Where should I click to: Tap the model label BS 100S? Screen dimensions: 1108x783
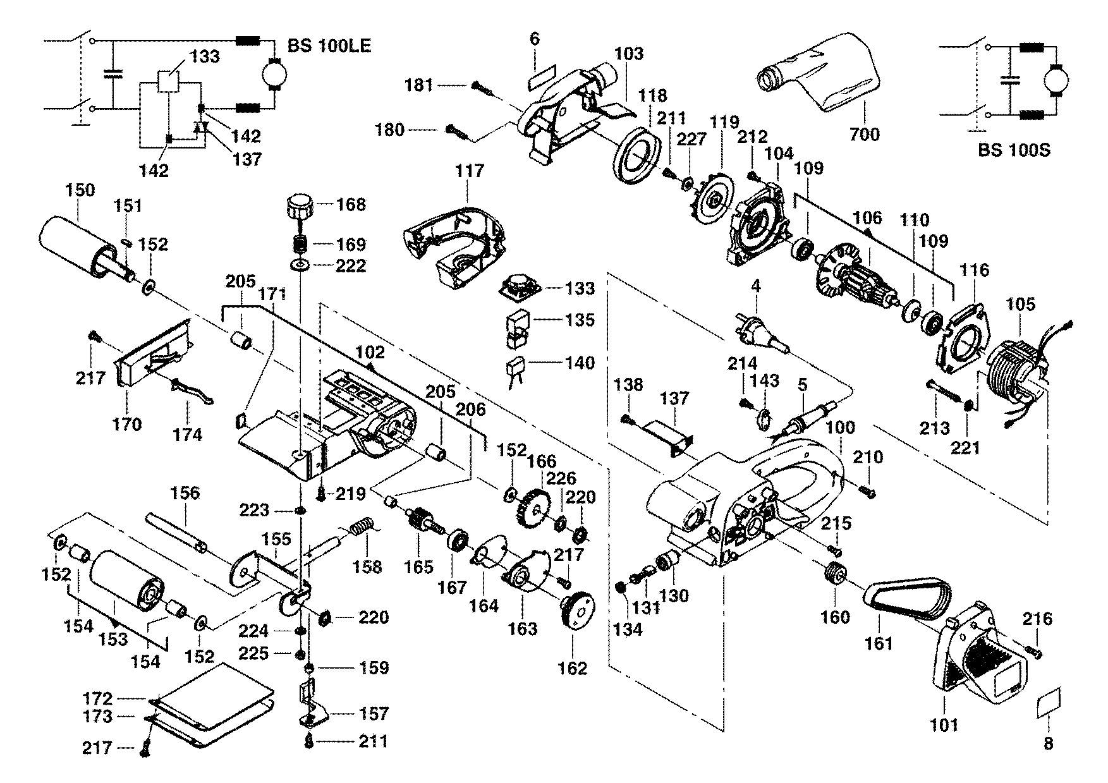[1014, 150]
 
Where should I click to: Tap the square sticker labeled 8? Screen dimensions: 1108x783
[1049, 701]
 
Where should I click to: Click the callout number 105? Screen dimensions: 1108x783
[1021, 305]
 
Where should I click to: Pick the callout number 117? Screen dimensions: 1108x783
[470, 171]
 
